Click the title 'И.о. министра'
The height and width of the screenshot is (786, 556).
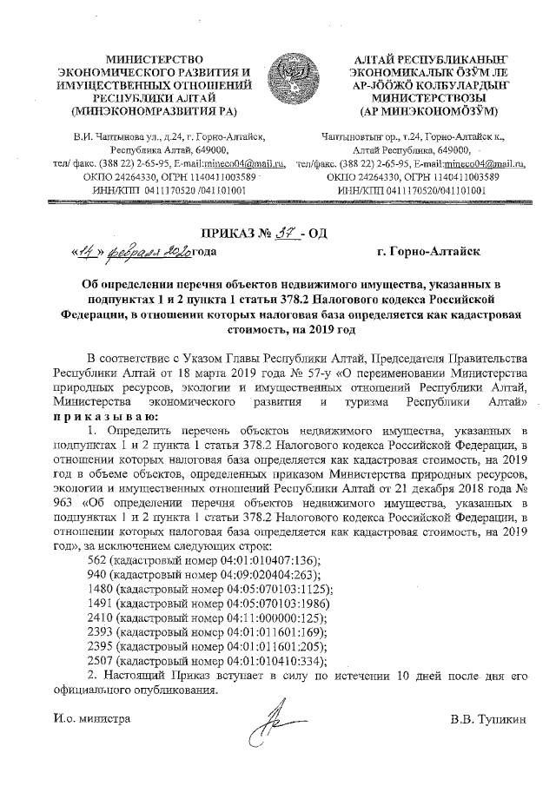pos(91,719)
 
